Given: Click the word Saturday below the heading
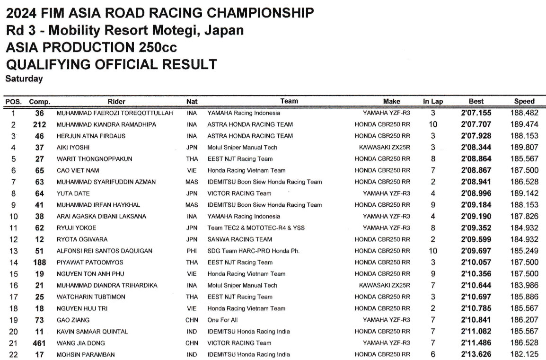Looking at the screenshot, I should click(x=24, y=79).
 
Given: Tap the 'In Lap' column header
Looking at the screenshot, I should click(x=433, y=101).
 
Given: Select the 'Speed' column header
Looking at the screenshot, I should click(x=524, y=101).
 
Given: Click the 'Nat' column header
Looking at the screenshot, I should click(x=192, y=101).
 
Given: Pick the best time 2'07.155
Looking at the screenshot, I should click(x=476, y=113).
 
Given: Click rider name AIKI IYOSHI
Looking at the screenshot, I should click(x=73, y=148).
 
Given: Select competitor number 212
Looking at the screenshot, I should click(x=39, y=124).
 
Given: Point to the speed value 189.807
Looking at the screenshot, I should click(x=524, y=148).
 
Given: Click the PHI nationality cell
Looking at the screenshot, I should click(x=192, y=251).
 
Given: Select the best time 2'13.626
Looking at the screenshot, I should click(x=476, y=354).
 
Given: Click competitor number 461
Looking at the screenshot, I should click(x=39, y=343).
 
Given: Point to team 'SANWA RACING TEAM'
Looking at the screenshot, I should click(x=240, y=239).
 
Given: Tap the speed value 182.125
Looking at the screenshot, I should click(x=524, y=354).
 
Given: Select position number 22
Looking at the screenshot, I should click(x=13, y=354).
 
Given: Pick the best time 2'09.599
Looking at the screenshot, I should click(x=476, y=239).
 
